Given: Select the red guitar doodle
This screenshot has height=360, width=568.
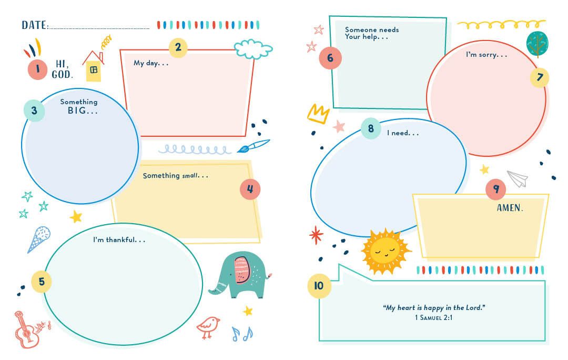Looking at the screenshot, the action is tap(29, 329).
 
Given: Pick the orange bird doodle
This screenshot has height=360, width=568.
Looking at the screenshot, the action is tap(208, 326).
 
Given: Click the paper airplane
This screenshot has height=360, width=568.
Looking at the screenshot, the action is tap(518, 178).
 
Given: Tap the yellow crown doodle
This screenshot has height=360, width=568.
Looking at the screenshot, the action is tap(318, 114).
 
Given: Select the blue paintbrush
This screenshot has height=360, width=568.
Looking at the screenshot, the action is tap(253, 146).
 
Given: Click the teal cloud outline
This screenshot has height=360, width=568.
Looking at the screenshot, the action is tap(253, 49).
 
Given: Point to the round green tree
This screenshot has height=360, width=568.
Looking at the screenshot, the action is tap(537, 44).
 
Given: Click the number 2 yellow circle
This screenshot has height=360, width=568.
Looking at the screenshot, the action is tap(178, 47).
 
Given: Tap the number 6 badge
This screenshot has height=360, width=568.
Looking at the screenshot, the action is tap(330, 58).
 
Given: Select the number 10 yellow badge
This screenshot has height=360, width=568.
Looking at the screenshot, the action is tap(319, 286).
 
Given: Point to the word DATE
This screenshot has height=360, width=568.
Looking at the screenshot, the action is tap(34, 25).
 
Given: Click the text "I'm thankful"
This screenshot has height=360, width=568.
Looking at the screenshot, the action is tap(115, 239).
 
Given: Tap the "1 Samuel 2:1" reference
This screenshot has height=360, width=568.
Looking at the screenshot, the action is tap(433, 317).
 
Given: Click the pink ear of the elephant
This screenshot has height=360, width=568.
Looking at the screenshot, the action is tap(242, 270).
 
